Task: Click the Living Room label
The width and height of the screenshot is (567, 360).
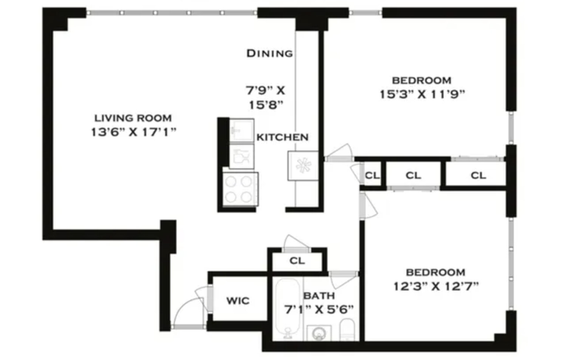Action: click(x=133, y=118)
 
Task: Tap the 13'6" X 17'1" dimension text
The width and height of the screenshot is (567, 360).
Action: click(x=133, y=132)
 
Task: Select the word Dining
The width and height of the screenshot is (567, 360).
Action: click(x=270, y=53)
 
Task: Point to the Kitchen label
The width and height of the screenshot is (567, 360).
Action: click(x=282, y=137)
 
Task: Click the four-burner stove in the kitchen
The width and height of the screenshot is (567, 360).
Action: click(x=240, y=189)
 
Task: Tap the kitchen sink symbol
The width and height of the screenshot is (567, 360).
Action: click(x=241, y=130)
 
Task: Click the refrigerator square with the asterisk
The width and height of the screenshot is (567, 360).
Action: click(x=303, y=165)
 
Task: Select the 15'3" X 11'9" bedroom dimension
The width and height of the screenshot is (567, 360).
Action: click(x=422, y=94)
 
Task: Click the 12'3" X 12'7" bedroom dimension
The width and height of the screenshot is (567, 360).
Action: click(x=436, y=286)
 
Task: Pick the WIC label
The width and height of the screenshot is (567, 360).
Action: click(x=238, y=301)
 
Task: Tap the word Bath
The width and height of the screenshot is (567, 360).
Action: click(x=319, y=295)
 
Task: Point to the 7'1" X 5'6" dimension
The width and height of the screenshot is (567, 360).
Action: click(x=319, y=310)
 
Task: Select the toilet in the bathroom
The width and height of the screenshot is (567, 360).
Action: click(x=347, y=329)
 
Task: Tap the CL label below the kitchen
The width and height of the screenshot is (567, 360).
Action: click(x=297, y=261)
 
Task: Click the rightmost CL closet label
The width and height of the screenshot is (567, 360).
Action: click(x=478, y=175)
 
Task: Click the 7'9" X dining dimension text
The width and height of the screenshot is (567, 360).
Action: click(x=265, y=91)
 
